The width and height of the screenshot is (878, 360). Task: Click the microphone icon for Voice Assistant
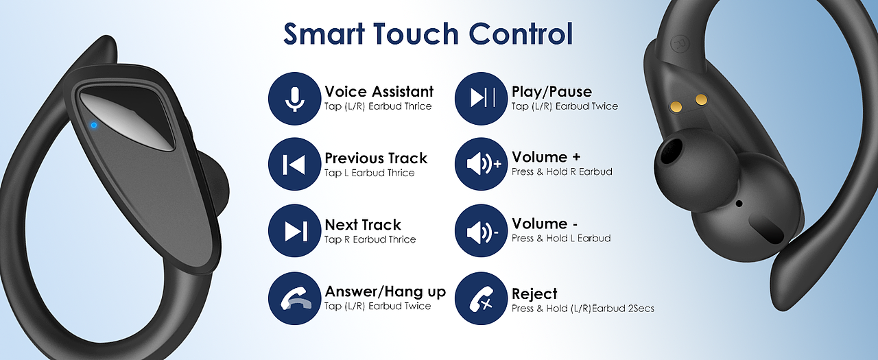click(x=294, y=99)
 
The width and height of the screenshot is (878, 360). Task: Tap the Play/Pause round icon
click(x=481, y=99)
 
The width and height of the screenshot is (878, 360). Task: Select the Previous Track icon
click(x=294, y=164)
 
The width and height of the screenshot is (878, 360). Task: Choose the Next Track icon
click(x=294, y=230)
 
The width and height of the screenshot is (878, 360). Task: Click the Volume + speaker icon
click(x=481, y=164)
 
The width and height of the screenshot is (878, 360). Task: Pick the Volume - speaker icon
click(x=481, y=230)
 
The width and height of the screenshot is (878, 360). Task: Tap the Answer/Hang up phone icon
click(x=294, y=298)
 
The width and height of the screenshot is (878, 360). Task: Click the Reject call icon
click(x=481, y=298)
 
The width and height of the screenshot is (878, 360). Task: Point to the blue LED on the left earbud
click(x=94, y=125)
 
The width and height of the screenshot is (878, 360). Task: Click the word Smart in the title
click(x=324, y=34)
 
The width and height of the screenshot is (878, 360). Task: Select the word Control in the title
click(x=521, y=34)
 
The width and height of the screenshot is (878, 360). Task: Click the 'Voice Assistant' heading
click(x=379, y=92)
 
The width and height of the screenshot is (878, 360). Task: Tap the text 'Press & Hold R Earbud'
click(x=562, y=171)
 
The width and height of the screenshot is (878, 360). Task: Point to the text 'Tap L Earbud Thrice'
click(x=369, y=173)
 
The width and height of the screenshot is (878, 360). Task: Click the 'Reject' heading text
click(x=534, y=293)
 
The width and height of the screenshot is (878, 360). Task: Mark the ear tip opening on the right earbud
click(x=672, y=150)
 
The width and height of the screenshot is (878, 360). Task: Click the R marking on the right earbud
click(x=677, y=44)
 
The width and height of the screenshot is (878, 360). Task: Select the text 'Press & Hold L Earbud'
click(x=561, y=238)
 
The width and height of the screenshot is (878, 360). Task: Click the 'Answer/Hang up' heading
click(x=385, y=292)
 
